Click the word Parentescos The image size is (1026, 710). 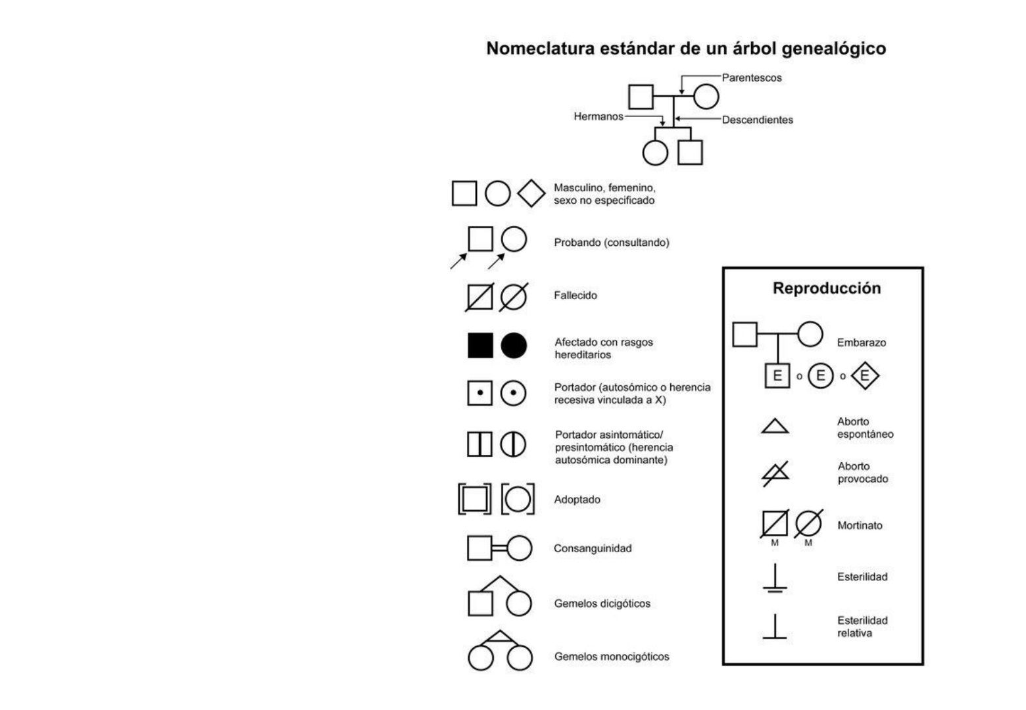pyautogui.click(x=752, y=78)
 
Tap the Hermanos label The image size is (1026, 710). pyautogui.click(x=598, y=116)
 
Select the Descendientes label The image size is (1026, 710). pyautogui.click(x=758, y=120)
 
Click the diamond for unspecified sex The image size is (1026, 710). pyautogui.click(x=531, y=193)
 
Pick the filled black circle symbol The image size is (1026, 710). pyautogui.click(x=514, y=346)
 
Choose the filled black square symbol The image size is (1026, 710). pyautogui.click(x=481, y=346)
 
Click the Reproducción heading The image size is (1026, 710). pyautogui.click(x=827, y=289)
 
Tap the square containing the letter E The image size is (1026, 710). pyautogui.click(x=777, y=376)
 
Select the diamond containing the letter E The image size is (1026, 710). pyautogui.click(x=865, y=376)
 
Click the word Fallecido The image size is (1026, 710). pyautogui.click(x=575, y=296)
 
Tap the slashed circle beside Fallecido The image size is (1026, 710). pyautogui.click(x=514, y=297)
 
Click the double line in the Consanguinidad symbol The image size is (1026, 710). pyautogui.click(x=499, y=548)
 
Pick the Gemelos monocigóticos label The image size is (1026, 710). pyautogui.click(x=612, y=657)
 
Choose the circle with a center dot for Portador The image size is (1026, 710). pyautogui.click(x=513, y=392)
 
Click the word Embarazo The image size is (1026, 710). pyautogui.click(x=862, y=343)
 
